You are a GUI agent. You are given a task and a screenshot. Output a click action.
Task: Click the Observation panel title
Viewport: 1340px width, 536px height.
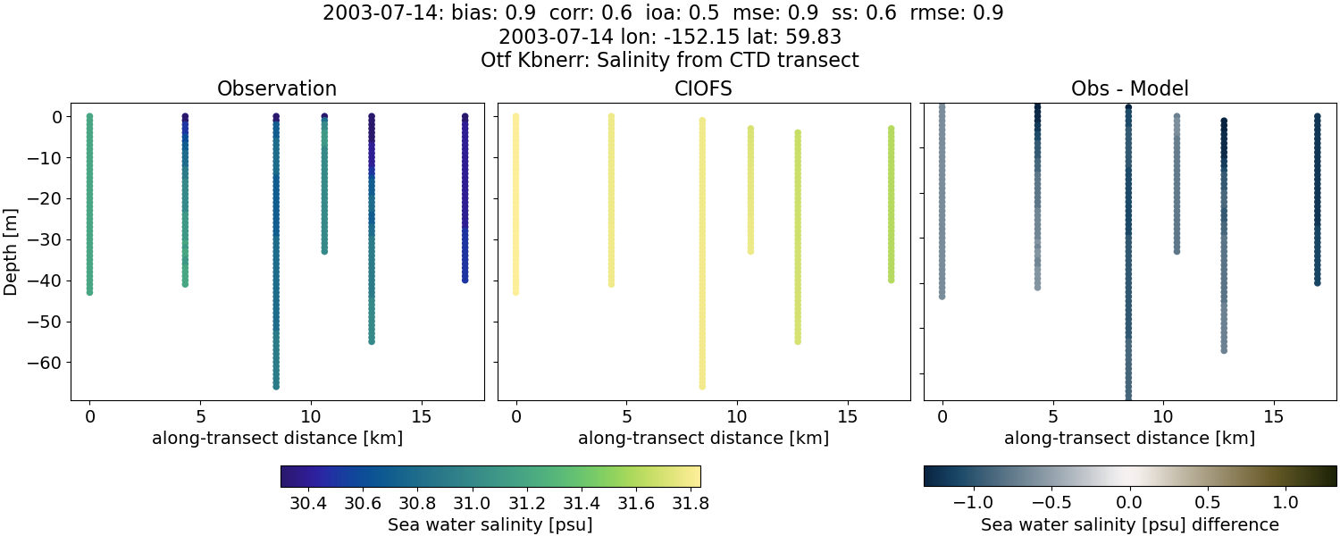pyautogui.click(x=277, y=89)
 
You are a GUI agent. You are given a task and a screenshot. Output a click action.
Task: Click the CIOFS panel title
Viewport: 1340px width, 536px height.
pyautogui.click(x=703, y=89)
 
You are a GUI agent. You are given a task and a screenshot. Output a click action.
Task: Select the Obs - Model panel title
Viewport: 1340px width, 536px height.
pyautogui.click(x=1129, y=89)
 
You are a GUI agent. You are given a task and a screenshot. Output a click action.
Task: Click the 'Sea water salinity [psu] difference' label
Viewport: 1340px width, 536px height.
pyautogui.click(x=1129, y=524)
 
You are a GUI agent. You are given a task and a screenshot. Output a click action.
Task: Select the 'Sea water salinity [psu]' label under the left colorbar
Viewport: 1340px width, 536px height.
pyautogui.click(x=490, y=524)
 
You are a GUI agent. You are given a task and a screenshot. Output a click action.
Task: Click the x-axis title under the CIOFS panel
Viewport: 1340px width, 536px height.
pyautogui.click(x=703, y=439)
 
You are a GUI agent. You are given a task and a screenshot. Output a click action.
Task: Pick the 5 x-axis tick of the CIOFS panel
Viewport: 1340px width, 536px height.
pyautogui.click(x=626, y=416)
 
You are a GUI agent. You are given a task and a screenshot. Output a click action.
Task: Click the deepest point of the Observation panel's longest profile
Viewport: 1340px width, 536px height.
pyautogui.click(x=276, y=386)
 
